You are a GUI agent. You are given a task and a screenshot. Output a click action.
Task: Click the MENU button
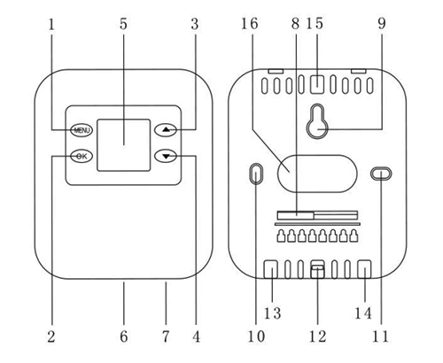(82, 131)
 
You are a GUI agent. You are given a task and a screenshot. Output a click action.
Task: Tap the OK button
(82, 157)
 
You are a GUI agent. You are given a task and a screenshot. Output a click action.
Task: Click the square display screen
(123, 143)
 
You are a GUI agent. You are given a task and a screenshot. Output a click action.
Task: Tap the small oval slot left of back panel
(256, 174)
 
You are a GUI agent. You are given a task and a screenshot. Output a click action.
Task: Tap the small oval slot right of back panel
(380, 174)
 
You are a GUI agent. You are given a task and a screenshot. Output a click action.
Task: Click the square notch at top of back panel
(318, 84)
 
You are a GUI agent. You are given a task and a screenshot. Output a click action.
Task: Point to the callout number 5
(123, 23)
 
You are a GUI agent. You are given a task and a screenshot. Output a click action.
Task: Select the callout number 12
(318, 336)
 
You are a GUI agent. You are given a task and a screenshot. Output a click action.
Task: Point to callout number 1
(51, 23)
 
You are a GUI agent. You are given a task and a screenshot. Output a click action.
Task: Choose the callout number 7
(166, 336)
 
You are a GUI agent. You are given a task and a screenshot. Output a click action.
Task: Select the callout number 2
(51, 336)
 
